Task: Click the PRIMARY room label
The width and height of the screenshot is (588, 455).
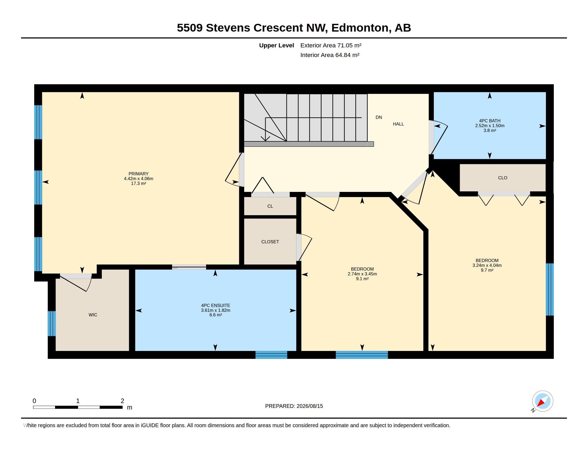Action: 138,174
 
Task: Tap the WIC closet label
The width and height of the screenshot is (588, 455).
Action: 93,315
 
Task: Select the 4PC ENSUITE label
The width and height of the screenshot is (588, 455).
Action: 216,305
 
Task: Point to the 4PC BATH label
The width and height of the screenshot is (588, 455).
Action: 490,121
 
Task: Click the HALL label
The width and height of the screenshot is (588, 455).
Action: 399,124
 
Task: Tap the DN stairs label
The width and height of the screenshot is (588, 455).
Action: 379,117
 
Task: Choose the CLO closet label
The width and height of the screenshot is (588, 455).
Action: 503,178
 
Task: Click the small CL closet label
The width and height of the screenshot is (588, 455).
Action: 270,206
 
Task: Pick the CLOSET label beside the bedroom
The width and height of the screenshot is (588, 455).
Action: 270,242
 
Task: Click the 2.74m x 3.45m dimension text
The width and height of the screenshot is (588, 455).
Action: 362,274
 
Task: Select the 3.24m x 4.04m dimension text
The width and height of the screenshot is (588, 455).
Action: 487,265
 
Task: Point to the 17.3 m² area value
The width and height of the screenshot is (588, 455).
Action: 138,184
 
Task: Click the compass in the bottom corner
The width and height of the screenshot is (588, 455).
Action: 543,401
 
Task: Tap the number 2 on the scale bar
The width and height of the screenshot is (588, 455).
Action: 122,401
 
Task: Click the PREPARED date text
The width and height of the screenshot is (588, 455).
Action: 294,406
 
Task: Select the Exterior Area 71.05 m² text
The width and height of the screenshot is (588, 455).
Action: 331,45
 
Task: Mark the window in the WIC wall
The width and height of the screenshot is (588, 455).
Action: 52,324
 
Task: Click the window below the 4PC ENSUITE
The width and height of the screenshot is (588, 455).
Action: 271,355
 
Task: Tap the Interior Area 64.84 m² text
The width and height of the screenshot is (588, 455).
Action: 330,55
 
